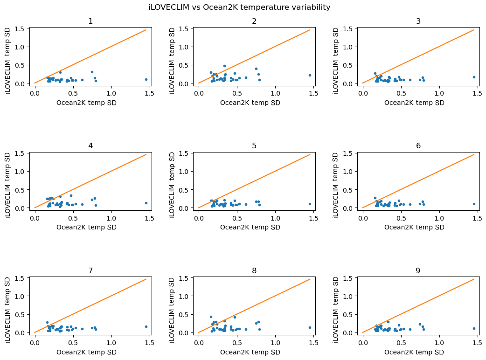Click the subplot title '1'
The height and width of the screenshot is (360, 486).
point(90,21)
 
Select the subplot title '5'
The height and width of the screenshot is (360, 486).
point(254,145)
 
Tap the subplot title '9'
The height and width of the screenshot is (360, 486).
point(418,270)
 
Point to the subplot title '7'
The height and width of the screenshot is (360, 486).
point(90,270)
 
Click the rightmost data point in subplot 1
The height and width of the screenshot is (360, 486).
point(146,79)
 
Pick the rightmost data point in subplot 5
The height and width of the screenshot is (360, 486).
point(310,204)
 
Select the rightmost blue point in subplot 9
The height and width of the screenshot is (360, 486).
point(474,328)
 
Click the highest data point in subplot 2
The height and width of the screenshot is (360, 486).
point(224,66)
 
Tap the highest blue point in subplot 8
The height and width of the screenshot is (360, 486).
point(211,317)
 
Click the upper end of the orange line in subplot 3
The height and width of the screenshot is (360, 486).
point(474,30)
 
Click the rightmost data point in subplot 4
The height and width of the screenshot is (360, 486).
point(146,203)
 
